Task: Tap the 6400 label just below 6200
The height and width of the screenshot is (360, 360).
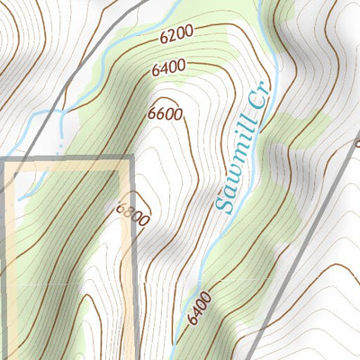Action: pos(169,67)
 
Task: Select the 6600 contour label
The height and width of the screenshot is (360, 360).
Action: pos(166,114)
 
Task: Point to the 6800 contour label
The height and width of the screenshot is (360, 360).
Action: pos(132,214)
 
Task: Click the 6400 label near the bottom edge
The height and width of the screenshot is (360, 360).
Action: pos(201,308)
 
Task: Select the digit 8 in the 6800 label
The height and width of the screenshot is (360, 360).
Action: pos(130,212)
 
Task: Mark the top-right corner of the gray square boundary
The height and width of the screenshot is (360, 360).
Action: pos(132,159)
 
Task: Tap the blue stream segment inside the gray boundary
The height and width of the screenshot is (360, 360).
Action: pos(27,184)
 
